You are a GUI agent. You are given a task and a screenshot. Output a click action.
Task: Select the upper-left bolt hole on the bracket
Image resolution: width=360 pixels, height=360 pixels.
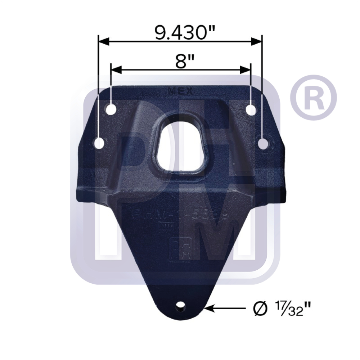[x=111, y=109]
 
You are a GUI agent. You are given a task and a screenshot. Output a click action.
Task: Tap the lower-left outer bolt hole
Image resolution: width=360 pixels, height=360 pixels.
[x=99, y=144]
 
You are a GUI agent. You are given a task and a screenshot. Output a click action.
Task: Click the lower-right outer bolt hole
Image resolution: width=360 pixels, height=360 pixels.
[x=264, y=144]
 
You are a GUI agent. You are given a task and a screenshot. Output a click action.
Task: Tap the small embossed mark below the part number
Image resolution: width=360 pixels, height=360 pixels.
[x=162, y=226]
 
